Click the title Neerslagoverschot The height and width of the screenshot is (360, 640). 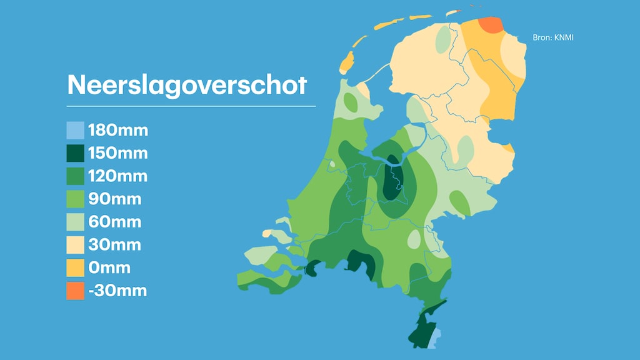click(x=187, y=85)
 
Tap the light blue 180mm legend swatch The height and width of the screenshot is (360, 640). click(x=75, y=131)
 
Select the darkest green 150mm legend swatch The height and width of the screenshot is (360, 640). click(x=75, y=153)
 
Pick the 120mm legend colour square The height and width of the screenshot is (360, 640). click(x=75, y=176)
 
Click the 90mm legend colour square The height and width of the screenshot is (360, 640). click(x=75, y=199)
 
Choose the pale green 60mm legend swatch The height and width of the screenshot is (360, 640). click(x=75, y=222)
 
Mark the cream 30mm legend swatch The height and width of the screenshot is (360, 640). click(x=75, y=245)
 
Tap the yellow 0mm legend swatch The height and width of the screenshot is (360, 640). click(x=75, y=267)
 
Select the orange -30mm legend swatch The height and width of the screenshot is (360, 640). click(x=75, y=291)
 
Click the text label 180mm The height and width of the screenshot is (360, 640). click(x=118, y=131)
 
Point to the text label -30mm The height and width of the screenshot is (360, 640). click(x=117, y=291)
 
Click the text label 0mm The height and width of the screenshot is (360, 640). click(x=109, y=267)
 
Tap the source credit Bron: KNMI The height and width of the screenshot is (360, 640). click(x=552, y=38)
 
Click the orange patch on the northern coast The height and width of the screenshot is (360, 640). click(x=491, y=25)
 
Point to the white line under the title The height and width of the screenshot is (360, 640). click(x=191, y=106)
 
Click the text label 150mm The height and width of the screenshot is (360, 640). click(x=118, y=153)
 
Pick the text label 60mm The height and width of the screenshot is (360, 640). click(x=115, y=222)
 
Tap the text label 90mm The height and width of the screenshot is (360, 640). click(x=115, y=199)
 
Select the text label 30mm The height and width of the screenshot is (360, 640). click(x=115, y=245)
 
